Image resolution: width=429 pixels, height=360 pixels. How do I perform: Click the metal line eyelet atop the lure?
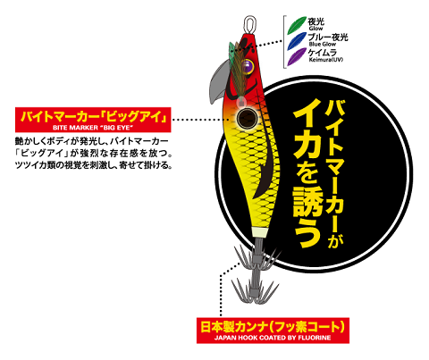pyautogui.click(x=250, y=25)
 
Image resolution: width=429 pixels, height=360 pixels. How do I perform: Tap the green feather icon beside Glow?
pyautogui.click(x=297, y=24)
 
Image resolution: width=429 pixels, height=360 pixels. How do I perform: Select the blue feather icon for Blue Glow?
pyautogui.click(x=297, y=41)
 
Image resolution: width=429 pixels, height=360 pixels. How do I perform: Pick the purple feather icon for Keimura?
pyautogui.click(x=297, y=56)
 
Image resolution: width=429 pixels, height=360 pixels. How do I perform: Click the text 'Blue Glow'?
pyautogui.click(x=323, y=44)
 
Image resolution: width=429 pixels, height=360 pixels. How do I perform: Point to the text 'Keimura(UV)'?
pyautogui.click(x=326, y=60)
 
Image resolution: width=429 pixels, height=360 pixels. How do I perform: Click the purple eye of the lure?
pyautogui.click(x=247, y=66)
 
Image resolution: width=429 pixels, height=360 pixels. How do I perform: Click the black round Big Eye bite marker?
pyautogui.click(x=247, y=118)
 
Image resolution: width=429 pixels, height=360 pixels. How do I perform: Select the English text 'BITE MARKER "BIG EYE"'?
pyautogui.click(x=93, y=128)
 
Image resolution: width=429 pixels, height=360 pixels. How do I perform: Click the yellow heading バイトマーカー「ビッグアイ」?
pyautogui.click(x=93, y=116)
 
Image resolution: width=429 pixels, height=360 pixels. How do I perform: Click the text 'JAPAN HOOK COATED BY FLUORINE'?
pyautogui.click(x=273, y=338)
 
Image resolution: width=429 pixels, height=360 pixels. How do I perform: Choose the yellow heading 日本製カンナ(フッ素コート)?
pyautogui.click(x=273, y=327)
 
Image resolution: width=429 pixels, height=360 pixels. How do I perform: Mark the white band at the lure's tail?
pyautogui.click(x=260, y=231)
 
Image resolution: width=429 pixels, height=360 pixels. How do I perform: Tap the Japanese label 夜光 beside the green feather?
pyautogui.click(x=316, y=21)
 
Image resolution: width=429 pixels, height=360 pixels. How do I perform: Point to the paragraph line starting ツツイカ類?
pyautogui.click(x=94, y=165)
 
